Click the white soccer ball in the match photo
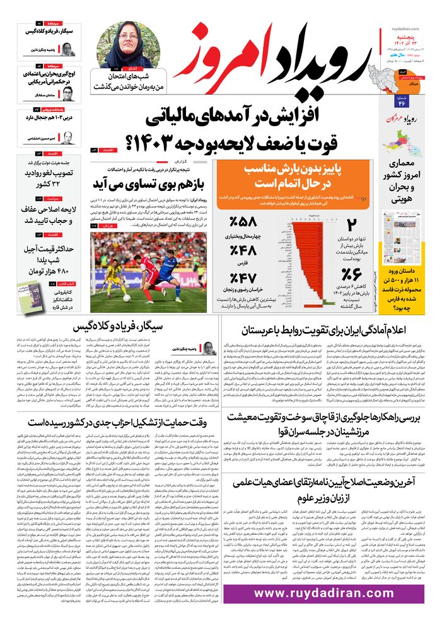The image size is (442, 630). (127, 297)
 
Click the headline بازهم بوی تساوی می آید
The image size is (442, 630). (150, 183)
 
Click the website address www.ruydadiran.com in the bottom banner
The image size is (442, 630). (323, 593)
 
